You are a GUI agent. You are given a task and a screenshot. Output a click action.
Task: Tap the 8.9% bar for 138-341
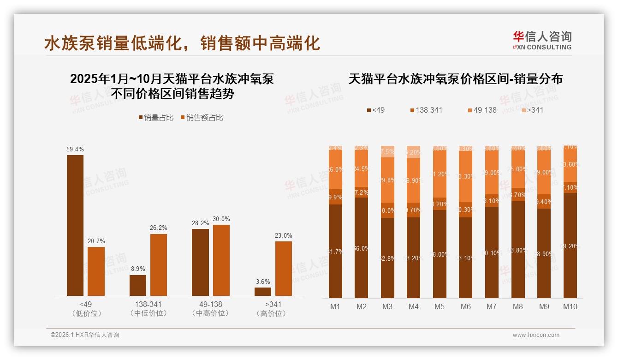pyautogui.click(x=138, y=285)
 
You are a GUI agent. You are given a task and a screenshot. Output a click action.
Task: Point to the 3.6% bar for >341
pyautogui.click(x=263, y=291)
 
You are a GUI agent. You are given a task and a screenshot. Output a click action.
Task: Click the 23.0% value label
pyautogui.click(x=284, y=235)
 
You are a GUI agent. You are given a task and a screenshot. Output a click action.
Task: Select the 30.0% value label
pyautogui.click(x=221, y=219)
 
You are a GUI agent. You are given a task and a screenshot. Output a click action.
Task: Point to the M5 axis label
pyautogui.click(x=440, y=306)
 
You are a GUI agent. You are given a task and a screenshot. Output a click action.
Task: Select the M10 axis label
pyautogui.click(x=570, y=306)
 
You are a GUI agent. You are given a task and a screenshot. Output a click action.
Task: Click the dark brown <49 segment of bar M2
pyautogui.click(x=362, y=248)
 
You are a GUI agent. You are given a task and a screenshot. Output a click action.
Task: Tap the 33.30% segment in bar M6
pyautogui.click(x=466, y=176)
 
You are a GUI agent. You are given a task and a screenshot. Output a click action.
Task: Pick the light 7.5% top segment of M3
pyautogui.click(x=388, y=151)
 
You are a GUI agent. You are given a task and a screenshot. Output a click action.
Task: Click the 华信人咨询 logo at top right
pyautogui.click(x=542, y=40)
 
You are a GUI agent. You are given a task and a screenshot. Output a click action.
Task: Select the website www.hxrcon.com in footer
pyautogui.click(x=536, y=335)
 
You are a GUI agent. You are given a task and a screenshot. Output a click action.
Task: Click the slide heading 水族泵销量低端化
pyautogui.click(x=115, y=43)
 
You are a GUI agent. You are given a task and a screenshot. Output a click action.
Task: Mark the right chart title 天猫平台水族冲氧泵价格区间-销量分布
pyautogui.click(x=455, y=79)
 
